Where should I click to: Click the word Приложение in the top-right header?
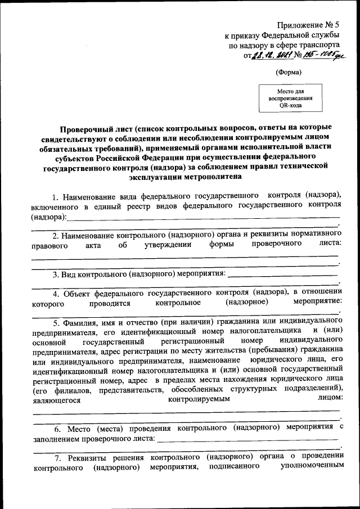point(298,25)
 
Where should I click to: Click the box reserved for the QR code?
point(290,97)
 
